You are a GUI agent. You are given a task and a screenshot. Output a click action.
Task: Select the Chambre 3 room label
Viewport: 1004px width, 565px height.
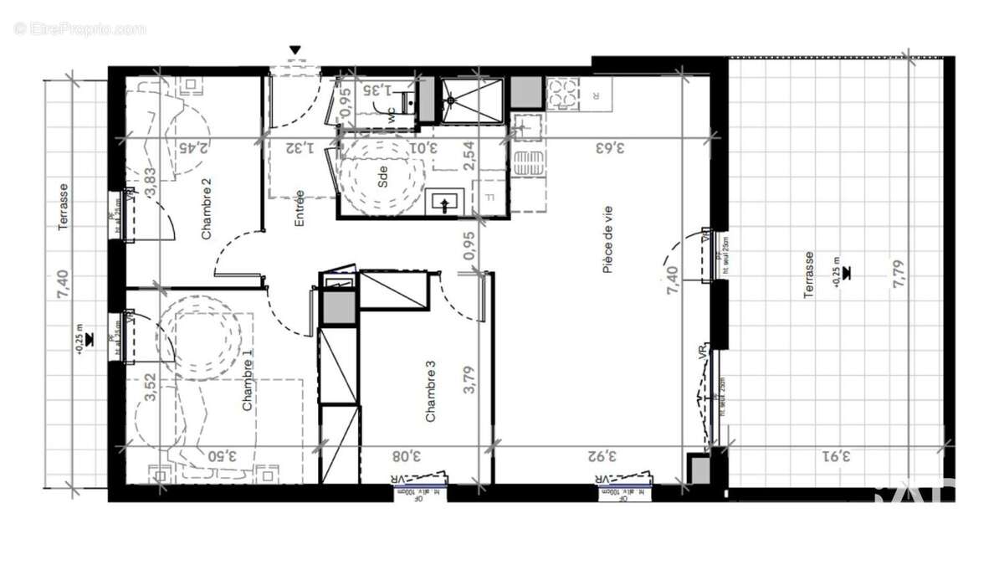pos(431,391)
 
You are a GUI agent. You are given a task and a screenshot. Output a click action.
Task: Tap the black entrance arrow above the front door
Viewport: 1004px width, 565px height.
pos(295,50)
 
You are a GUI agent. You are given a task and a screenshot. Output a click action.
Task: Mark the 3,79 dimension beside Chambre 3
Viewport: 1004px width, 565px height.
pos(469,377)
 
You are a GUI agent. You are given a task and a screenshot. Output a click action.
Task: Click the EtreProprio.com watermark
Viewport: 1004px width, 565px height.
pos(80,28)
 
